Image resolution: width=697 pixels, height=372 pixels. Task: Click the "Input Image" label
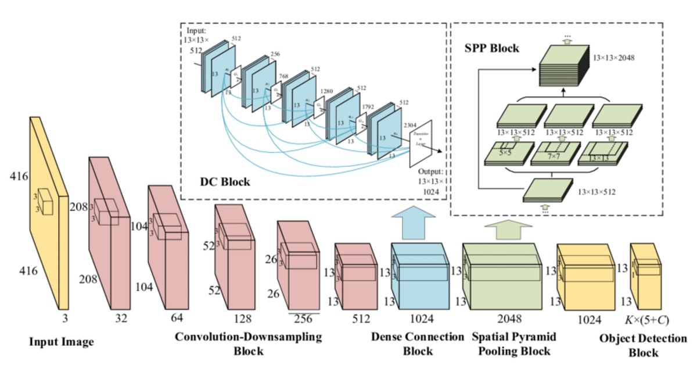coord(62,342)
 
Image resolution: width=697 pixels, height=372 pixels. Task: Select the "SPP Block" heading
coord(491,49)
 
